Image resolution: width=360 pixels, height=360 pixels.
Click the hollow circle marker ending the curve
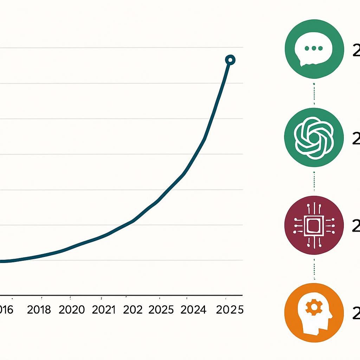click(x=230, y=60)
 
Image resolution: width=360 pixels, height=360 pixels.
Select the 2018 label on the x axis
click(x=39, y=310)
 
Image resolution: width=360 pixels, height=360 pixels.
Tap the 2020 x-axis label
click(x=72, y=310)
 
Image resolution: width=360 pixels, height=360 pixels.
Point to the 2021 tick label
click(x=104, y=310)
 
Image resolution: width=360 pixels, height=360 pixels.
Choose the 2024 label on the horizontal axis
click(x=193, y=310)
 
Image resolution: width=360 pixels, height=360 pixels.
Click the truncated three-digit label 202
click(x=133, y=310)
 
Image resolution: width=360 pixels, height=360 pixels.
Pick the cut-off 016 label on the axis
click(x=6, y=310)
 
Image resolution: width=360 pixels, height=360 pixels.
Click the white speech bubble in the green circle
click(x=313, y=50)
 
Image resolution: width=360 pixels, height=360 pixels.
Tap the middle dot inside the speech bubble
click(x=314, y=48)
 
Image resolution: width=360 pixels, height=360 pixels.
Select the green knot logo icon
click(x=314, y=137)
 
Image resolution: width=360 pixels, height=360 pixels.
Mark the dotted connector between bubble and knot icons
click(x=314, y=94)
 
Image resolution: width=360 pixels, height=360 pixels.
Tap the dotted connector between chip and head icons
click(x=314, y=269)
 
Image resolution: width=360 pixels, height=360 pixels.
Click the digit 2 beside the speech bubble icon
click(x=356, y=51)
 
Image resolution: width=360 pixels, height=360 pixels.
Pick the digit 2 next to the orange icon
click(x=356, y=314)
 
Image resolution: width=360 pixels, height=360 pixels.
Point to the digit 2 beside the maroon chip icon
click(x=356, y=227)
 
